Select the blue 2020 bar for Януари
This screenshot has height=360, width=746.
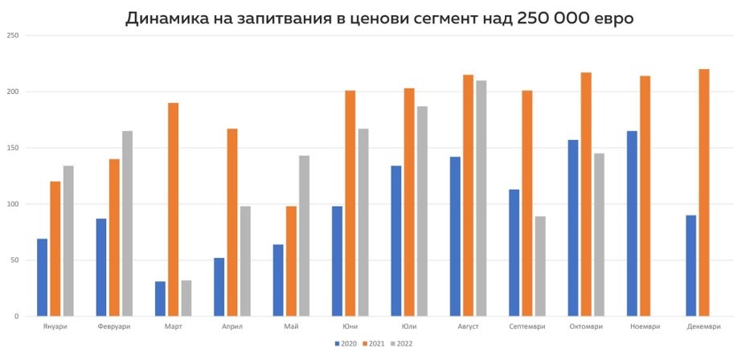pos(42,277)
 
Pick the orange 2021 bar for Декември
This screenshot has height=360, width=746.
pos(704,193)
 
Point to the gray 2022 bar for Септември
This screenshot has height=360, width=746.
pos(540,266)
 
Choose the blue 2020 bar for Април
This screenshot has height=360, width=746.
pos(219,287)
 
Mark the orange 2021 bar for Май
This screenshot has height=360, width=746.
pos(291,261)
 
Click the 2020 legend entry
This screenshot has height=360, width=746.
pos(346,343)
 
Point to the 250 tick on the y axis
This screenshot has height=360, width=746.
pos(12,35)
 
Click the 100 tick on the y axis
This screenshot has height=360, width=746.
pos(12,204)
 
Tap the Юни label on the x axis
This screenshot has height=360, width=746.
pos(350,326)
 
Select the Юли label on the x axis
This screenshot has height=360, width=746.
pos(409,326)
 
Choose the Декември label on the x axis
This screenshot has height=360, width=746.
pos(704,326)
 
